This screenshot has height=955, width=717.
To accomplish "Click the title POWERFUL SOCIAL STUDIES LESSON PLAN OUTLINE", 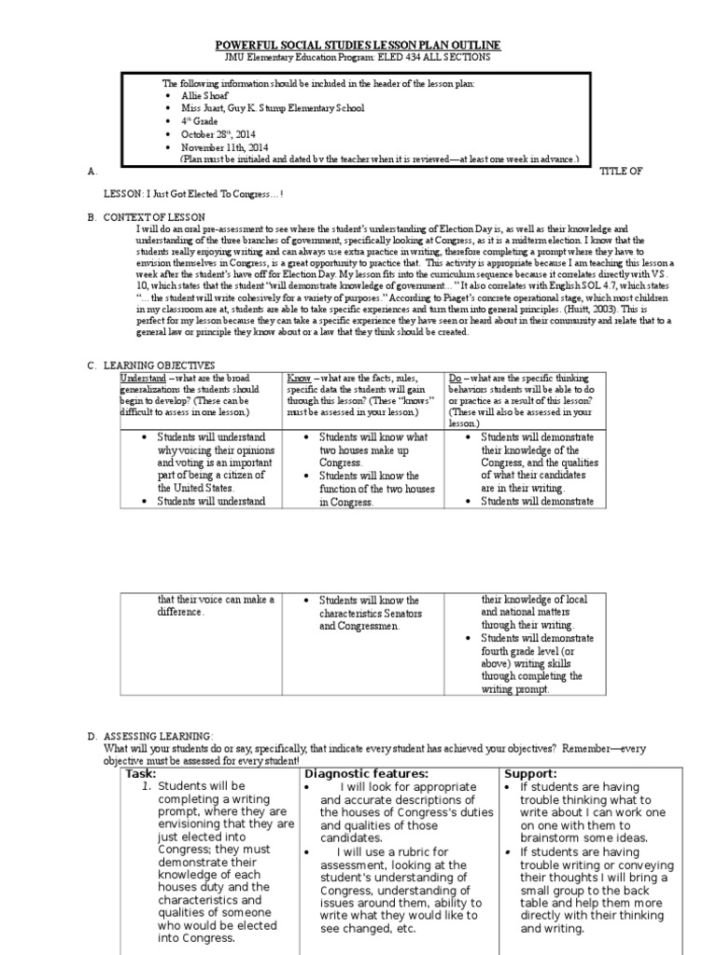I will [358, 45].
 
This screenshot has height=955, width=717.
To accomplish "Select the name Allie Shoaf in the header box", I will [204, 96].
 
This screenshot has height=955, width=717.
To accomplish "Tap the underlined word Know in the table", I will [299, 377].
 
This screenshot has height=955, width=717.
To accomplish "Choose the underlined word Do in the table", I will [456, 377].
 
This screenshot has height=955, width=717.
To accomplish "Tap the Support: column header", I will [530, 773].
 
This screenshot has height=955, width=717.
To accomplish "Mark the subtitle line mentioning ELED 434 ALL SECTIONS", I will [358, 57].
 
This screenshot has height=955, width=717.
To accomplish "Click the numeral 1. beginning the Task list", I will [146, 787].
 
